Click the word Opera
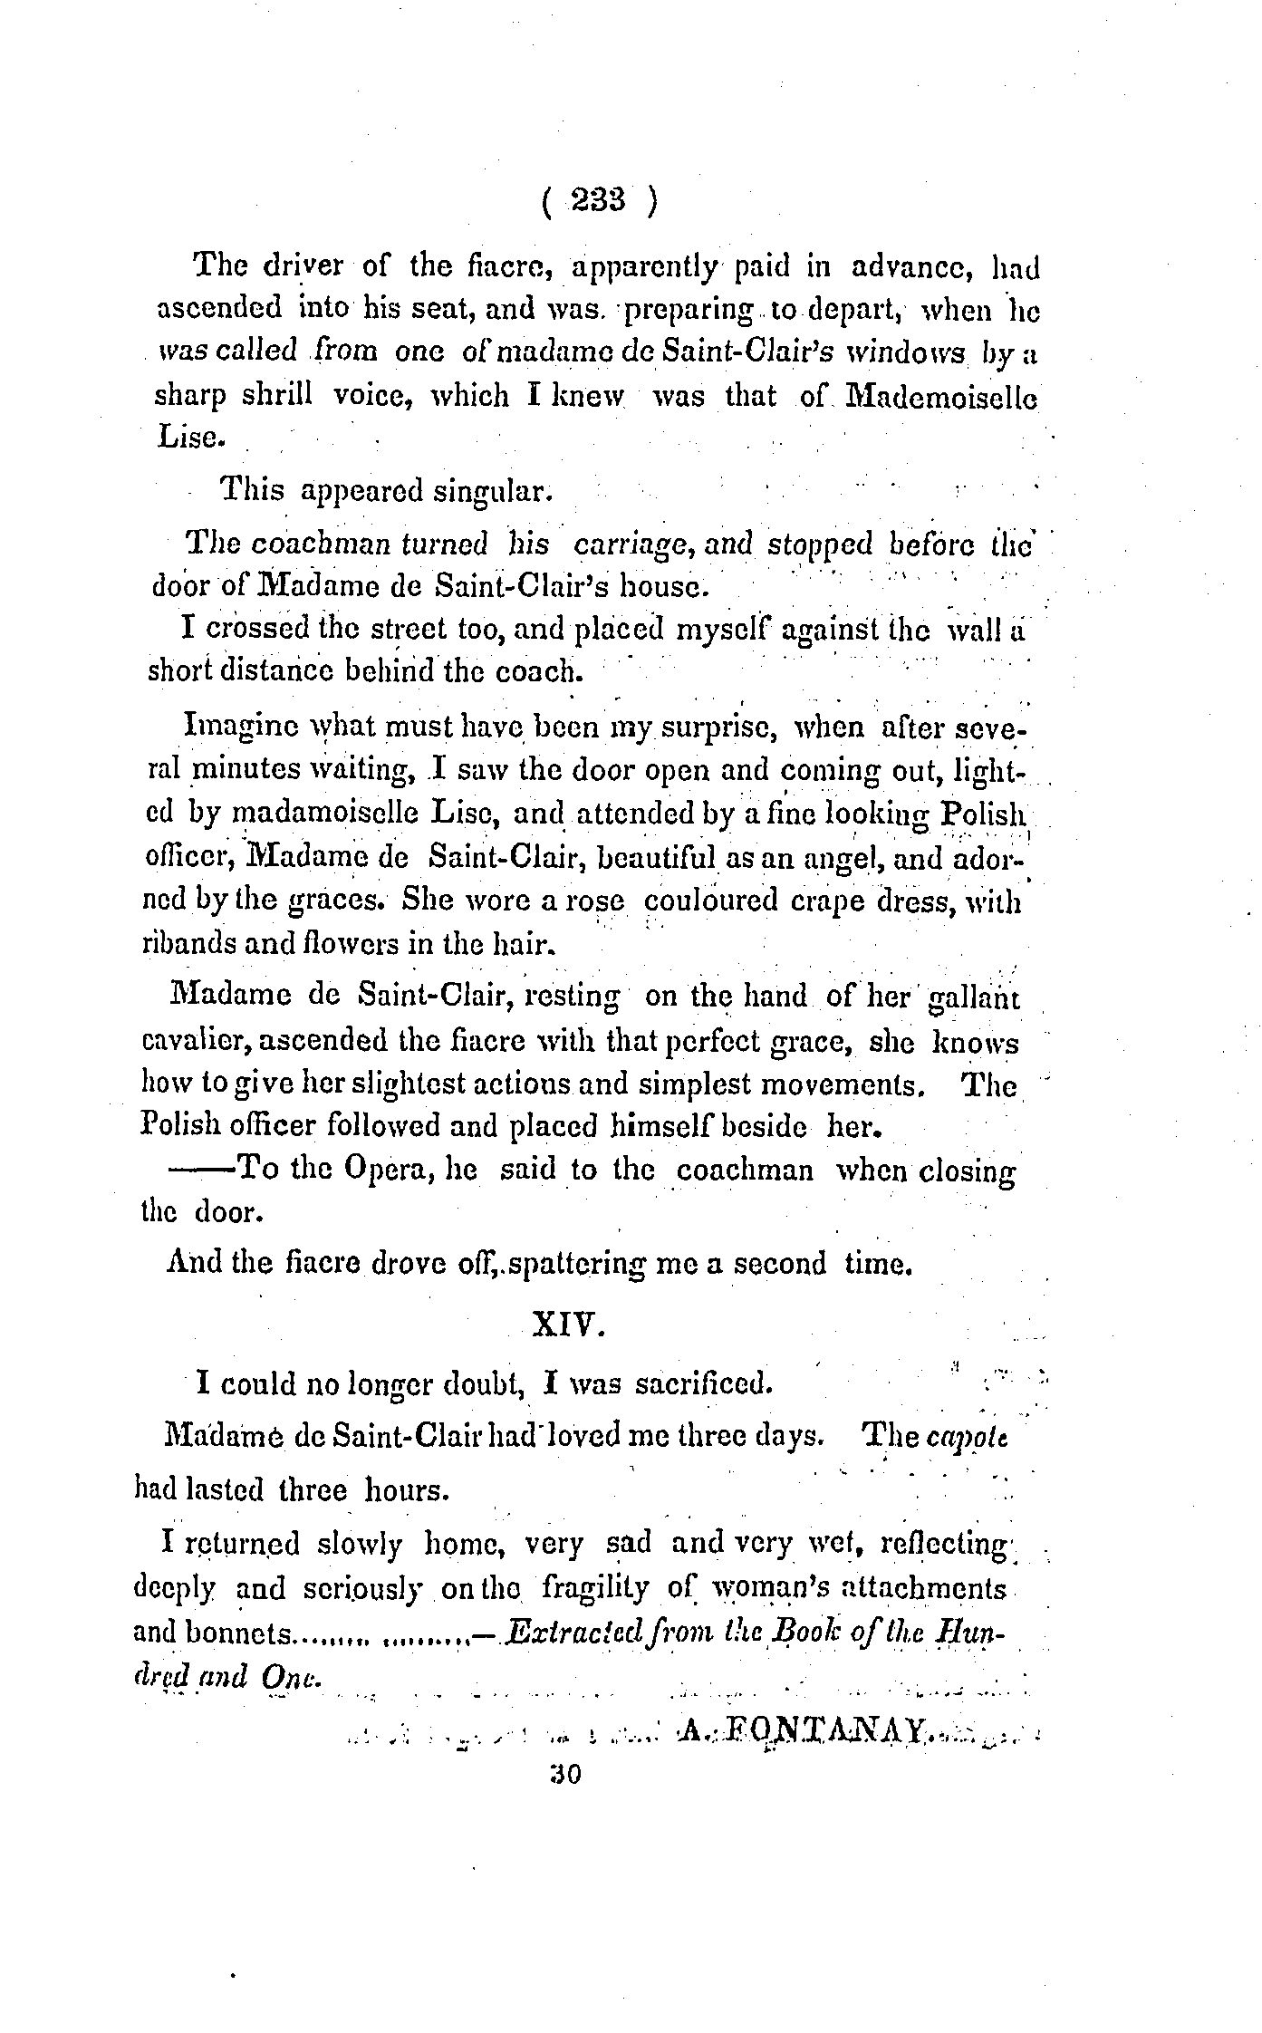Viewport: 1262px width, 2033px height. click(382, 1170)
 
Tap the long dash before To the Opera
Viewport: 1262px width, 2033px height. click(202, 1170)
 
